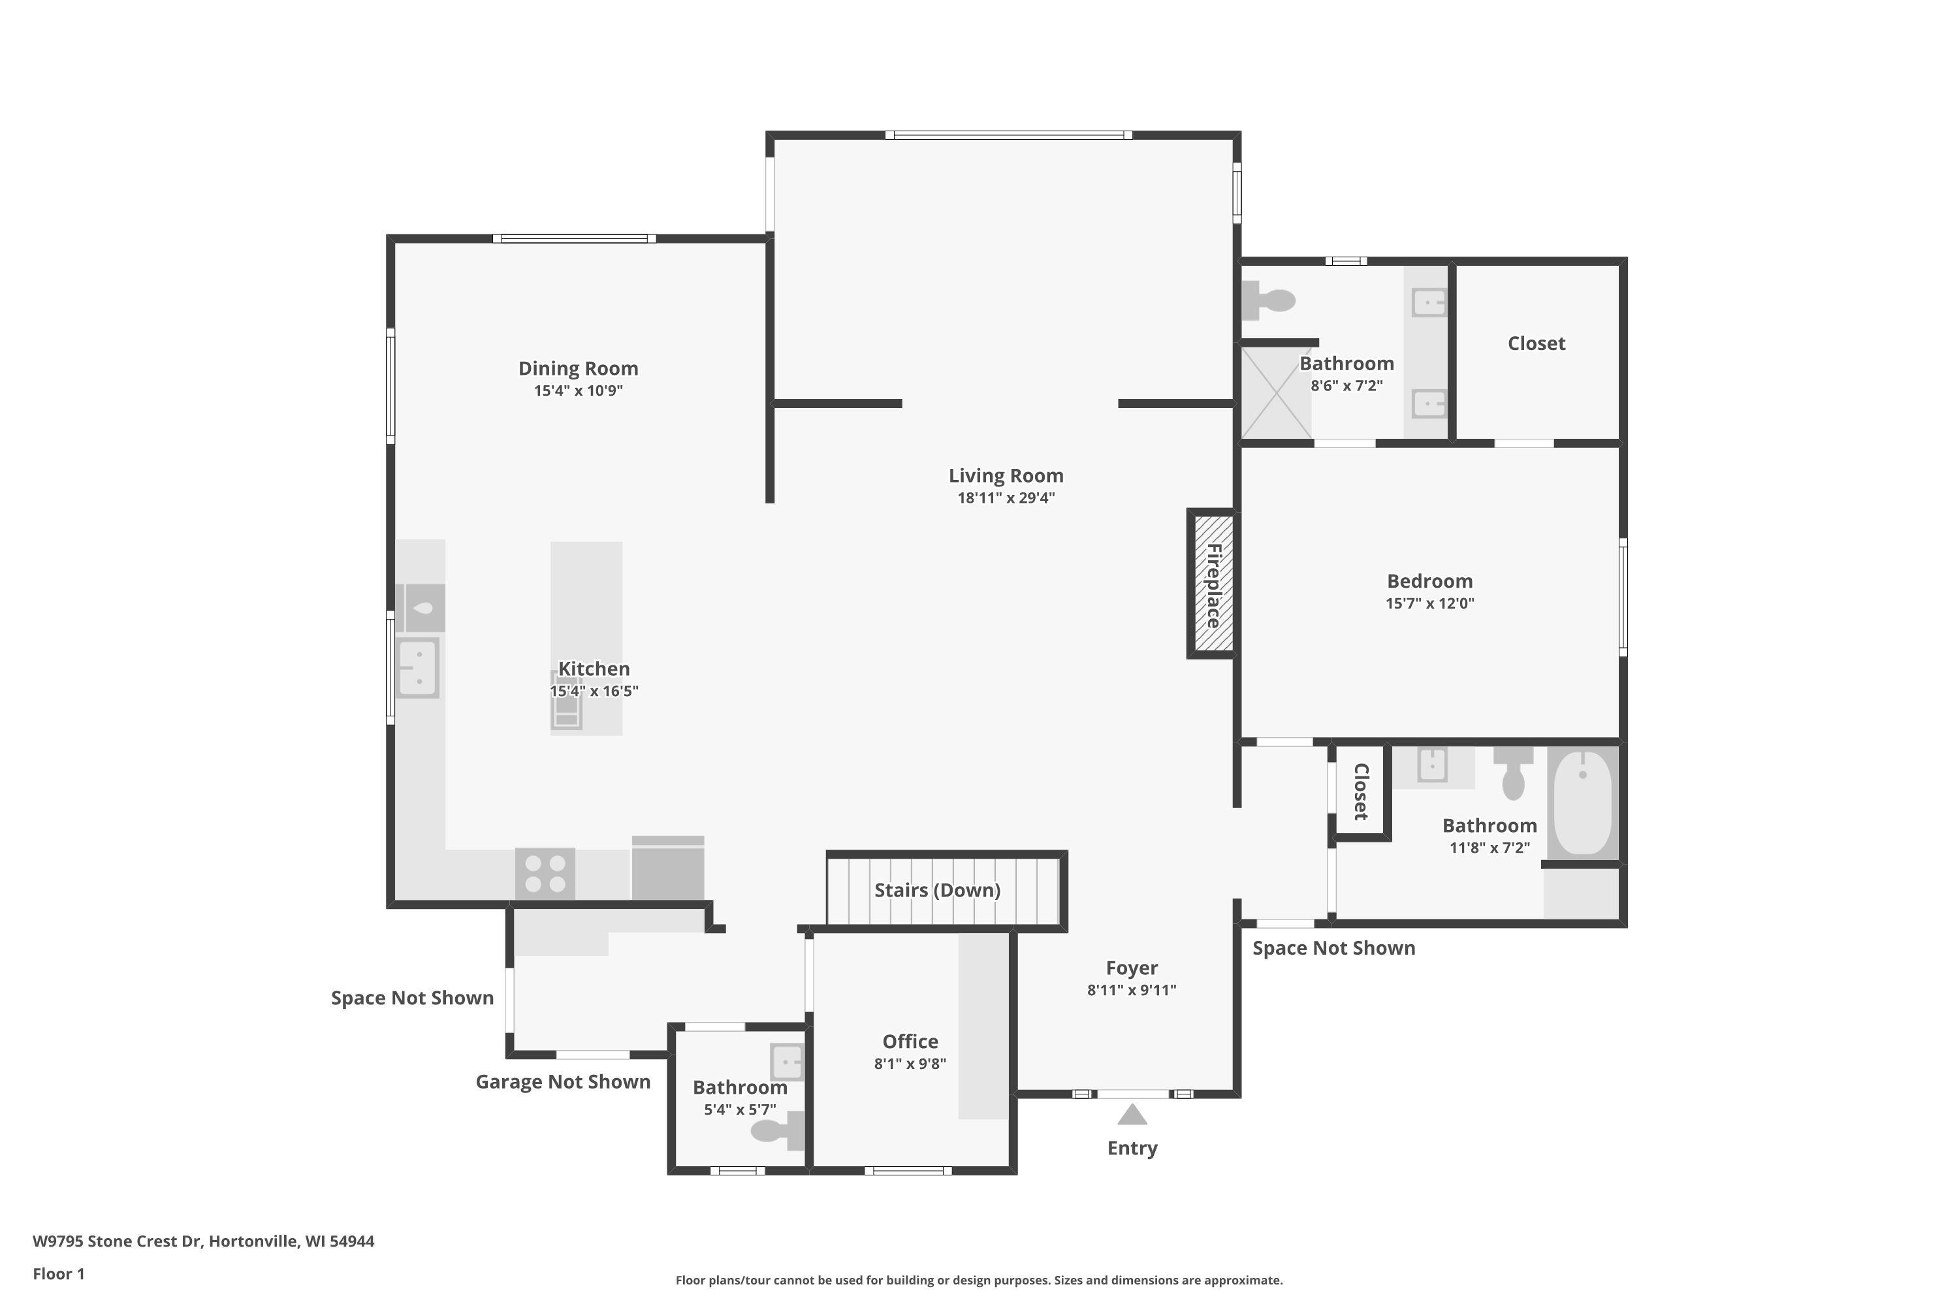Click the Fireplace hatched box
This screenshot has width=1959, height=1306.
pyautogui.click(x=1213, y=583)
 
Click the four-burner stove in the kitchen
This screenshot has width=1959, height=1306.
pyautogui.click(x=545, y=873)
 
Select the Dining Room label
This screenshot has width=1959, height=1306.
pyautogui.click(x=578, y=368)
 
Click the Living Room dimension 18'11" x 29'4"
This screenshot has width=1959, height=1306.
pyautogui.click(x=1006, y=498)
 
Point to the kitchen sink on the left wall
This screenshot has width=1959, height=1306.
pyautogui.click(x=417, y=667)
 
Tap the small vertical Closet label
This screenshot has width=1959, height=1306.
pyautogui.click(x=1361, y=791)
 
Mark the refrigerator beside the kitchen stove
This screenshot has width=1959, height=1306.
pyautogui.click(x=668, y=868)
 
